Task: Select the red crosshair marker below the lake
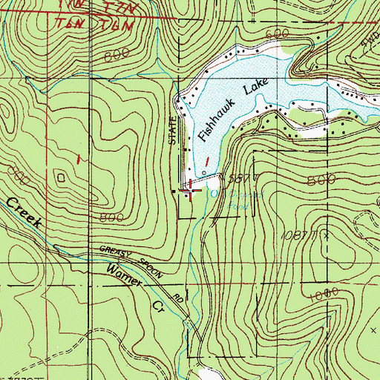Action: [191, 191]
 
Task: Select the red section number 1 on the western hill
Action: [77, 159]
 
